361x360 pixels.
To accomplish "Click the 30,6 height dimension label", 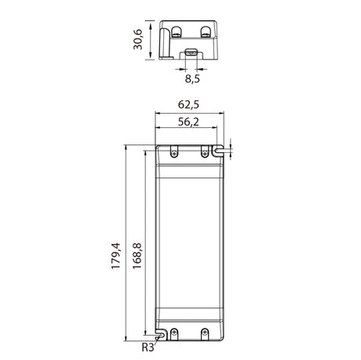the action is point(137,39).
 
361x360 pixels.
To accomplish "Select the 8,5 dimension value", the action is point(192,78).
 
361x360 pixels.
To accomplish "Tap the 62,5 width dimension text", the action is point(188,104).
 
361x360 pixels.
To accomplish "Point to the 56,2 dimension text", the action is point(188,122).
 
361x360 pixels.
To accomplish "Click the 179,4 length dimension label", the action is point(115,256).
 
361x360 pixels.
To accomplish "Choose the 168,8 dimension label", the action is point(137,256).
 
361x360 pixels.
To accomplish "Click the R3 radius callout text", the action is point(148,347).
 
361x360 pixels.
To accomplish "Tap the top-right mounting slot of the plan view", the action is point(217,151).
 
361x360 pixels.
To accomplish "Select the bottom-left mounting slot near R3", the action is point(161,335).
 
